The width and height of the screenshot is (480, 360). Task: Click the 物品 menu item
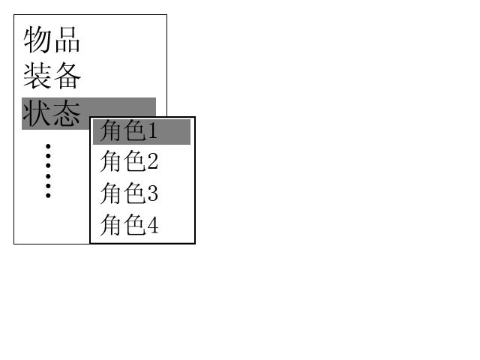coord(52,40)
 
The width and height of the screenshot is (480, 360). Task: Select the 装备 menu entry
coord(52,76)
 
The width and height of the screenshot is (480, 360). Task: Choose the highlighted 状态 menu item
coord(52,113)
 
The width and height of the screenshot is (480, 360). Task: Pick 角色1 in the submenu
coord(128,130)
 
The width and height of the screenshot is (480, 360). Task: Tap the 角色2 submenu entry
coord(129,161)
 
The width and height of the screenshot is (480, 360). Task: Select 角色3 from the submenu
coord(129,193)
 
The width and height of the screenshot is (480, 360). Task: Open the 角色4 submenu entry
coord(129,225)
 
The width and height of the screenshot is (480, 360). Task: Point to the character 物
coord(37,40)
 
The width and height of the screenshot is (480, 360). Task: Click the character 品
coord(67,40)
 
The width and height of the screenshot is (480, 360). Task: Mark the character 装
coord(37,76)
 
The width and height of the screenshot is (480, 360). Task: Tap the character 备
coord(67,76)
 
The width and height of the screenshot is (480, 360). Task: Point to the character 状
coord(37,113)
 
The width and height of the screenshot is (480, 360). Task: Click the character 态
coord(67,113)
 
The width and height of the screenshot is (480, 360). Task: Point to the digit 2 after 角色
coord(153,162)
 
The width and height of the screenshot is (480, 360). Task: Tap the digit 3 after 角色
coord(153,193)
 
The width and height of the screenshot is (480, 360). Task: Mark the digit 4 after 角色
coord(153,226)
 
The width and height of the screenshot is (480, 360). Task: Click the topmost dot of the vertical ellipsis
coord(48,146)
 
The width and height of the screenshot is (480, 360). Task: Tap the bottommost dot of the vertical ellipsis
coord(48,196)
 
